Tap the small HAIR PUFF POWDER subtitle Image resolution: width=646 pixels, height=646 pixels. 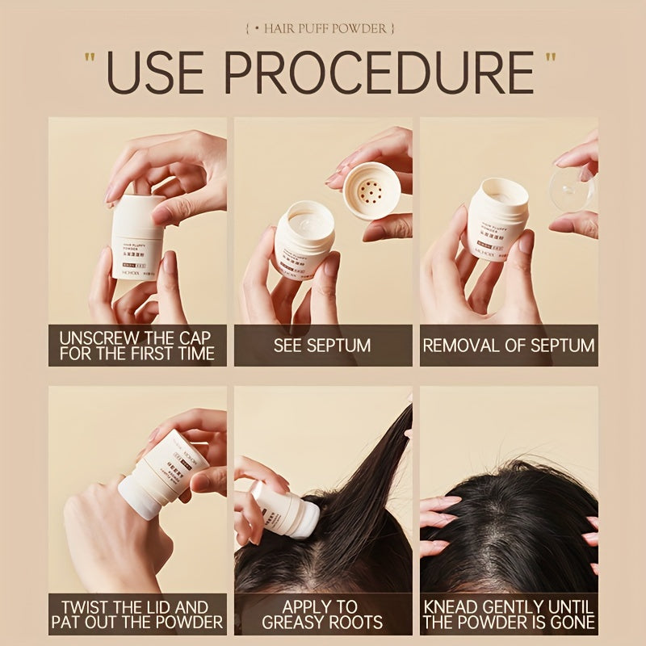323,29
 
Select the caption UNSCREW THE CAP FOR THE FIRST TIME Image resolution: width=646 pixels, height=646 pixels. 137,346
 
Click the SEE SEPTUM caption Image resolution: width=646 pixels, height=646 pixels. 323,346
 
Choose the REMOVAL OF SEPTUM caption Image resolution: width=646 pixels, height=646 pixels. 509,346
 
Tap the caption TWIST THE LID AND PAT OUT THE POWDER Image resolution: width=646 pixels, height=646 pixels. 137,614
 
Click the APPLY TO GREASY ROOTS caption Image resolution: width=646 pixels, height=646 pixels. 323,614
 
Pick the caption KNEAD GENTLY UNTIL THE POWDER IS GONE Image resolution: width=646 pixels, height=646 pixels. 509,614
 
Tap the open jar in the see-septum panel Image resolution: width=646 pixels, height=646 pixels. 303,238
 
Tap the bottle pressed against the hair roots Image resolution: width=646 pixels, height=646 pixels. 283,509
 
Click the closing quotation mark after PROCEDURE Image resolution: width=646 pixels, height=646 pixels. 552,61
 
